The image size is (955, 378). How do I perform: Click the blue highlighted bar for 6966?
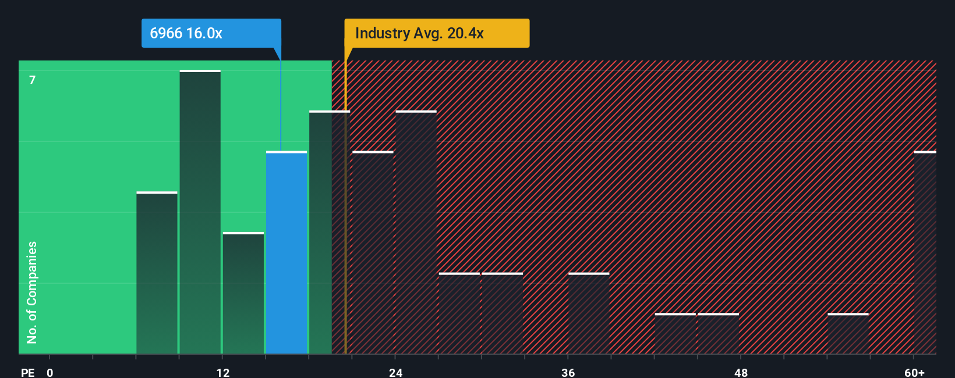286,253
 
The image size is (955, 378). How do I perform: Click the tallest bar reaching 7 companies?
200,212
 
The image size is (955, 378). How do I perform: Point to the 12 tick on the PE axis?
222,372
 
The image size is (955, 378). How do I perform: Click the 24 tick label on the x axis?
395,372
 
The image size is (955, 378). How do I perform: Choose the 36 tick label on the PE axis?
568,372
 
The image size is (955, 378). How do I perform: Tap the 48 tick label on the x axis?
741,372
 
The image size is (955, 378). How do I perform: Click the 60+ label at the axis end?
914,372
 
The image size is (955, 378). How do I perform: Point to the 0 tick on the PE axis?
50,372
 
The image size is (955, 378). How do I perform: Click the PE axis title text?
27,372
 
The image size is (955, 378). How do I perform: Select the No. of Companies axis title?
32,292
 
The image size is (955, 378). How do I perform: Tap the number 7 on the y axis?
33,80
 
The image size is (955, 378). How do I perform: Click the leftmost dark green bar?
157,273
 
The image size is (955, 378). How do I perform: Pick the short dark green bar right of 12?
243,294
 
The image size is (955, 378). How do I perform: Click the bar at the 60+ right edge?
925,253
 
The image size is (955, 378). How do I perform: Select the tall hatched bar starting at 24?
416,233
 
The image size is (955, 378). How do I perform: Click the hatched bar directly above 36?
589,314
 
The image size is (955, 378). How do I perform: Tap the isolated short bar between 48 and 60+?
848,334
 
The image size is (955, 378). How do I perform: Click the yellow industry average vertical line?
345,233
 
